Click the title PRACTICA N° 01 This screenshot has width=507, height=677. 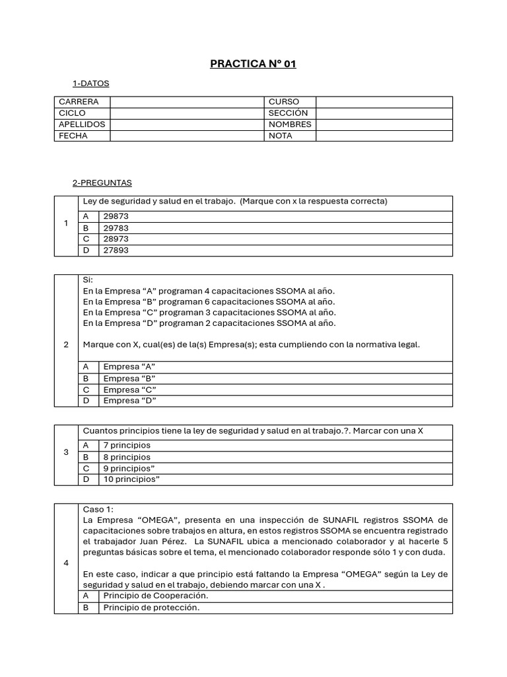coord(253,64)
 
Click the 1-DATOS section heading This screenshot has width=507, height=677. coord(90,83)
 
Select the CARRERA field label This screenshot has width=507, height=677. coord(79,102)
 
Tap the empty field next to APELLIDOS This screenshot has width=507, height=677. coord(186,124)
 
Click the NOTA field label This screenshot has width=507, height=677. coord(281,136)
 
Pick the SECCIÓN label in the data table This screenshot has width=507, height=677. coord(288,113)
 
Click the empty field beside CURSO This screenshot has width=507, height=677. coord(384,102)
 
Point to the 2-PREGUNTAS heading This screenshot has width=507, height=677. coord(102,182)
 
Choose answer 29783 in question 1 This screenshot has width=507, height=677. coord(116,227)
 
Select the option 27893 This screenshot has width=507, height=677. coord(116,251)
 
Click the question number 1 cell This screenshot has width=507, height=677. coord(66,223)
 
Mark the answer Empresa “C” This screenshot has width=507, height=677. coord(129,389)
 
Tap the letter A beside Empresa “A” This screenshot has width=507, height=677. coord(86,366)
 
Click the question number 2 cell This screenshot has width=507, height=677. coord(66,344)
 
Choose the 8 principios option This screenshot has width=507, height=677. coord(127,457)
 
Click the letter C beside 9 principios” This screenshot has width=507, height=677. coord(86,468)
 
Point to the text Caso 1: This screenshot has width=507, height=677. coord(98,509)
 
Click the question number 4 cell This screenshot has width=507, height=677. coord(66,563)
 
